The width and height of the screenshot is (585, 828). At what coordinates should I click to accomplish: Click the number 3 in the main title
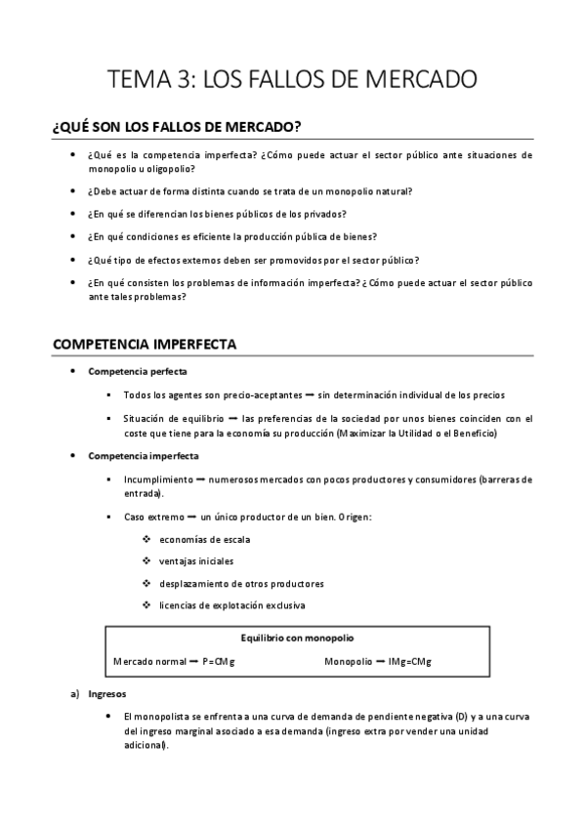tap(186, 78)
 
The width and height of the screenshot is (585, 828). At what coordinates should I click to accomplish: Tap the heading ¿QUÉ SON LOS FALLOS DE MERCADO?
tap(176, 128)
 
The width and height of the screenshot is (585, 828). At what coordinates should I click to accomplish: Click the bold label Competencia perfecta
tap(138, 372)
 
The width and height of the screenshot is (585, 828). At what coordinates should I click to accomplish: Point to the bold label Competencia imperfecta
tap(144, 456)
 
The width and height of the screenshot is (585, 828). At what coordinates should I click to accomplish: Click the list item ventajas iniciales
tap(196, 561)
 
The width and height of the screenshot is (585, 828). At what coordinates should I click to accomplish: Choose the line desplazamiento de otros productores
tap(241, 583)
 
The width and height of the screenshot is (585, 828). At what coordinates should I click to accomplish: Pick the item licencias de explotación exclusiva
tap(232, 604)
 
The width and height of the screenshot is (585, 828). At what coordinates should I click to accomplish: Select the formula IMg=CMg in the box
tap(409, 661)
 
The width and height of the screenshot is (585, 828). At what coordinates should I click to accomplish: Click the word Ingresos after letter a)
tap(106, 695)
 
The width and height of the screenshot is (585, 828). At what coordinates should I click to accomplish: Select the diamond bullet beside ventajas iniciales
tap(146, 561)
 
